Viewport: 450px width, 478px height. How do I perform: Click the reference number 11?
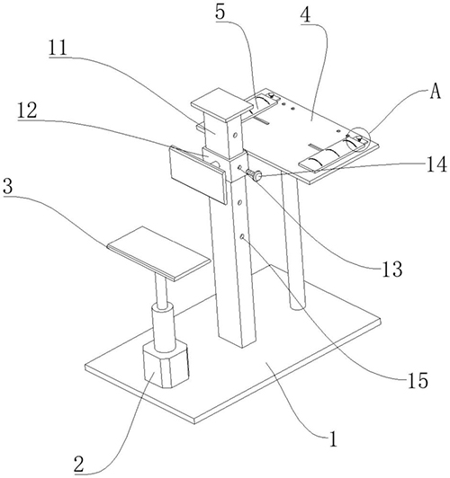click(x=58, y=48)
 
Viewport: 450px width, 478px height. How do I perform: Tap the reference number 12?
click(x=27, y=111)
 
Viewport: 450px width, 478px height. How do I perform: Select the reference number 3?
click(x=8, y=187)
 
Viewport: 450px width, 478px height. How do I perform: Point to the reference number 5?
click(x=220, y=13)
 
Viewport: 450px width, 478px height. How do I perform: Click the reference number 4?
click(x=306, y=14)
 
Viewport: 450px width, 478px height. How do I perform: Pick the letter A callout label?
click(x=436, y=91)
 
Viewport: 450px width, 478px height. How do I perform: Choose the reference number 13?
click(x=392, y=270)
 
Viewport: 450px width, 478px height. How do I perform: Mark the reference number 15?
click(x=418, y=381)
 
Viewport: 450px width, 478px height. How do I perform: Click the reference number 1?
click(x=333, y=439)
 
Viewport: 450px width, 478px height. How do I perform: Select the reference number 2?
click(x=79, y=464)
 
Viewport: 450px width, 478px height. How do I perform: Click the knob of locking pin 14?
click(x=257, y=175)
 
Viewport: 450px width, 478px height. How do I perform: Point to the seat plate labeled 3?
click(x=159, y=253)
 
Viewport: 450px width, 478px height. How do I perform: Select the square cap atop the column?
click(x=222, y=104)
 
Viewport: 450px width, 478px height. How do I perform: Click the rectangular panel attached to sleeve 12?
click(x=198, y=173)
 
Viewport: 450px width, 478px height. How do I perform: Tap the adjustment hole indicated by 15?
click(x=242, y=236)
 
